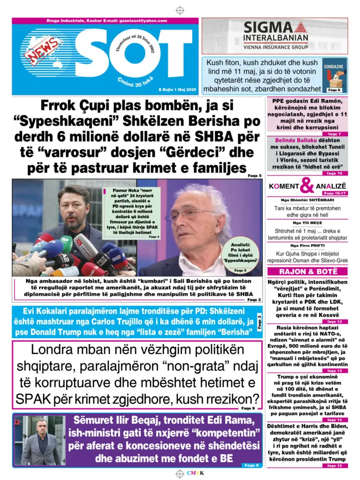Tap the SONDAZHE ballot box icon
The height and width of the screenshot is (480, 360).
click(x=334, y=77)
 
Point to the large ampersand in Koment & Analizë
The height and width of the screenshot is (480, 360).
click(x=307, y=187)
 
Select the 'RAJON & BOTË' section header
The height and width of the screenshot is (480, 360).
click(x=307, y=271)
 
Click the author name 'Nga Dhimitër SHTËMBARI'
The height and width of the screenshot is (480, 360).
click(x=307, y=200)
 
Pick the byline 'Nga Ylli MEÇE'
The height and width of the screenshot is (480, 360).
click(x=307, y=223)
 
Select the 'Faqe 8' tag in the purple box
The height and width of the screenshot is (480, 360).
click(x=250, y=465)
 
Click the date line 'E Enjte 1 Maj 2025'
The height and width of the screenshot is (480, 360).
click(x=178, y=89)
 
